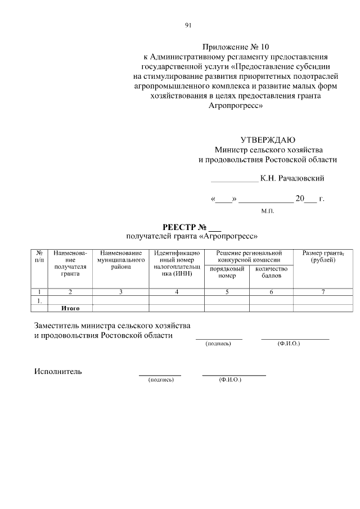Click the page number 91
coord(188,25)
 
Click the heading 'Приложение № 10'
coord(236,47)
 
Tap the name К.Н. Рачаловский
coord(292,178)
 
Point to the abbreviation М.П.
coord(267,210)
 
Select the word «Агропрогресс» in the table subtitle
coord(225,236)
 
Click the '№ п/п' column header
coord(39,257)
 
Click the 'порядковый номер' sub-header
coord(227,273)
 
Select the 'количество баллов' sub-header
coord(271,273)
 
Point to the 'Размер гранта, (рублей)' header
coord(323,257)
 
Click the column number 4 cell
coord(177,292)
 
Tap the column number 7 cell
coord(323,292)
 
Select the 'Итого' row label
coord(70,308)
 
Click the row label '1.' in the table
coord(39,300)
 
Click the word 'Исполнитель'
coord(58,371)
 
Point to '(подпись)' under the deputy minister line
coord(218,344)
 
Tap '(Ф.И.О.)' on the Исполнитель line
coord(230,381)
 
